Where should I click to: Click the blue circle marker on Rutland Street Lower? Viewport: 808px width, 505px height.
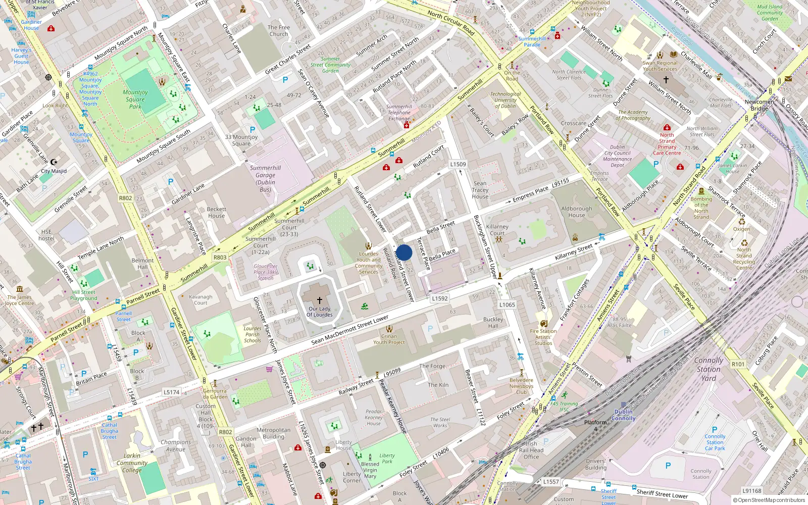404,252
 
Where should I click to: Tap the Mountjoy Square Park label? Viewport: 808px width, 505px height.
135,99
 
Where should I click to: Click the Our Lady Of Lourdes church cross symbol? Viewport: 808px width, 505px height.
319,300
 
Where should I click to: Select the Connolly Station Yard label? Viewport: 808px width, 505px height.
709,369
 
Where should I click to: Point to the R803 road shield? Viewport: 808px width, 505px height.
220,257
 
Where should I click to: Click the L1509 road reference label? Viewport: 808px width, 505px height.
458,164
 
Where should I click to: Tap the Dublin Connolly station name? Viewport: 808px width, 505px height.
624,415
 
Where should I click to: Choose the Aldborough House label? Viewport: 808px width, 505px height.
577,212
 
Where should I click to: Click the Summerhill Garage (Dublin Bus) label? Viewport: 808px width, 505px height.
265,179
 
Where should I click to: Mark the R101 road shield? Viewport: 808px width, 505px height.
738,364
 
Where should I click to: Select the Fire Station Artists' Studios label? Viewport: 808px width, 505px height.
543,337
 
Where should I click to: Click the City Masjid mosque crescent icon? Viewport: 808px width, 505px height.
54,163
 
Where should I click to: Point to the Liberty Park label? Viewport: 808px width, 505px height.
387,458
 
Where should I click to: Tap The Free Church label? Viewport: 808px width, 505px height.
279,31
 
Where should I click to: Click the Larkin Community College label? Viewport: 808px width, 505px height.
132,463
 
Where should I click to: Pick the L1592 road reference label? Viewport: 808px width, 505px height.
440,298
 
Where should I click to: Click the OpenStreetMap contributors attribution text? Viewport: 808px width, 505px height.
769,500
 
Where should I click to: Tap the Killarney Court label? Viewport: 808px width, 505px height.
497,230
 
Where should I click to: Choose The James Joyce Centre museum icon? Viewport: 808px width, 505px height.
20,289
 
